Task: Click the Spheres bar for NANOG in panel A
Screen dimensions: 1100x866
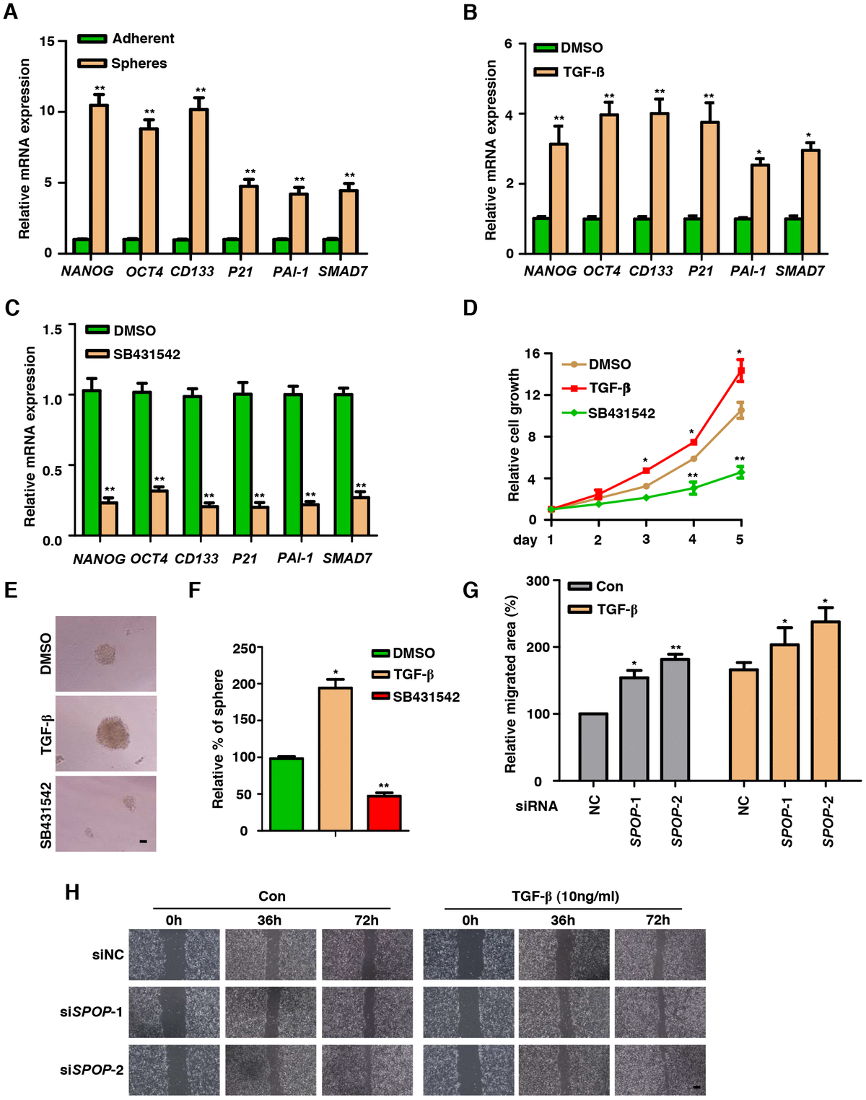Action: coord(99,179)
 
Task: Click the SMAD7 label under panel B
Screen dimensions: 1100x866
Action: coord(800,271)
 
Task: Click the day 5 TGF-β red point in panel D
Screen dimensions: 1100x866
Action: coord(740,371)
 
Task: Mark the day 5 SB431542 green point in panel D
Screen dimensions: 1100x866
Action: coord(740,472)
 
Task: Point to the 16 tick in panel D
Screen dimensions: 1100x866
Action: coord(533,353)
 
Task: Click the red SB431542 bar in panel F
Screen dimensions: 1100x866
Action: coord(384,813)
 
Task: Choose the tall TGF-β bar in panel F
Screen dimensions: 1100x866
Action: coord(336,759)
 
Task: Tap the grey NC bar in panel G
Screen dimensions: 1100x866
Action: coord(593,747)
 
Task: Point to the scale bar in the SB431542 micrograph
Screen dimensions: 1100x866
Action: coord(143,841)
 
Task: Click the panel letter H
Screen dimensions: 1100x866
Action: coord(72,892)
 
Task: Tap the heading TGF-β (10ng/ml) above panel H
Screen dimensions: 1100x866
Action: coord(565,897)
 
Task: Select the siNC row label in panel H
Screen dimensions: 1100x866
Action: coord(108,955)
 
